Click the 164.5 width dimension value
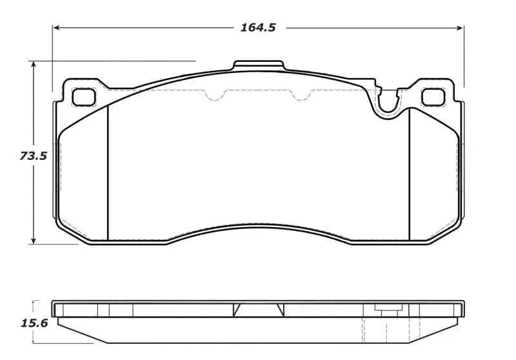coord(258,27)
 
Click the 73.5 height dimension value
coord(34,155)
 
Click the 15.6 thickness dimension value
coord(35,323)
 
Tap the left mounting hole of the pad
coord(84,97)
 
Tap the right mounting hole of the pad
coord(433,97)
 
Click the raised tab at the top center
coord(259,65)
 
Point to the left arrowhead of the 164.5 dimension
coord(56,28)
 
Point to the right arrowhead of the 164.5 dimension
coord(460,28)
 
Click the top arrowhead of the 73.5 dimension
coord(34,65)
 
